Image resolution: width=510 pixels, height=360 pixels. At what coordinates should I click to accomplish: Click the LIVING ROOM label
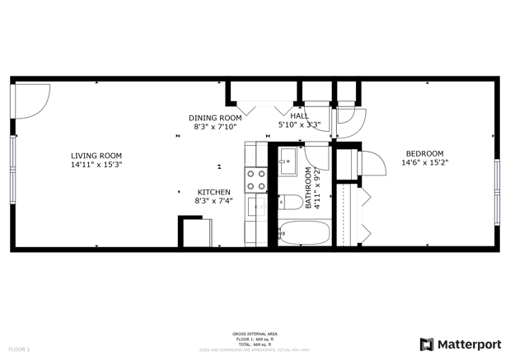[x=96, y=155]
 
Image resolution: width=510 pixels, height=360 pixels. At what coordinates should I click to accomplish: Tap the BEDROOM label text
[x=424, y=153]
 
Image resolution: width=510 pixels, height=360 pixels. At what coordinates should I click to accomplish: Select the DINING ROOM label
[x=215, y=118]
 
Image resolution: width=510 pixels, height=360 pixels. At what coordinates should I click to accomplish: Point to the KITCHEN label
[x=213, y=192]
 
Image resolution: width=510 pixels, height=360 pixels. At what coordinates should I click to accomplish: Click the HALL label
[x=299, y=116]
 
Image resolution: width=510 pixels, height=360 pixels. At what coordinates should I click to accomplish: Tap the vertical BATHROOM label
[x=309, y=188]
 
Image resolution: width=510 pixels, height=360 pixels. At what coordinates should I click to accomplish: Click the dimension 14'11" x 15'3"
[x=96, y=165]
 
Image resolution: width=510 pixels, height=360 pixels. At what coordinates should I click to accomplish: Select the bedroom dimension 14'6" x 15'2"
[x=424, y=163]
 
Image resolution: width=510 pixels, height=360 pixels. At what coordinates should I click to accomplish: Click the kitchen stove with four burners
[x=256, y=180]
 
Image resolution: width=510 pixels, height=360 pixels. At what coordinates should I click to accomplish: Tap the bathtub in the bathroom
[x=304, y=233]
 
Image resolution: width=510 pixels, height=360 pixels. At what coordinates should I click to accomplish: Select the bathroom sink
[x=288, y=160]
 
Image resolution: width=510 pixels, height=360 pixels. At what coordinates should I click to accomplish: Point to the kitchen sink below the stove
[x=256, y=204]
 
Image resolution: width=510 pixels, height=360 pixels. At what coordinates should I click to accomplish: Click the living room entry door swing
[x=33, y=101]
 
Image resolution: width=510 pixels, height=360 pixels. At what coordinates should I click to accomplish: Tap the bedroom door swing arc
[x=372, y=164]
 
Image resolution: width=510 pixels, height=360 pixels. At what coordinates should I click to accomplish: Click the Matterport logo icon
[x=427, y=344]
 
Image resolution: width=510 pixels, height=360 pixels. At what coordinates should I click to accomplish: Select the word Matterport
[x=468, y=344]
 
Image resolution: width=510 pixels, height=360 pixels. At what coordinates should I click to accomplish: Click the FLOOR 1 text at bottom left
[x=19, y=349]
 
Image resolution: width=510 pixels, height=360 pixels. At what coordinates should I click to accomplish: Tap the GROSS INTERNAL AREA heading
[x=255, y=334]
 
